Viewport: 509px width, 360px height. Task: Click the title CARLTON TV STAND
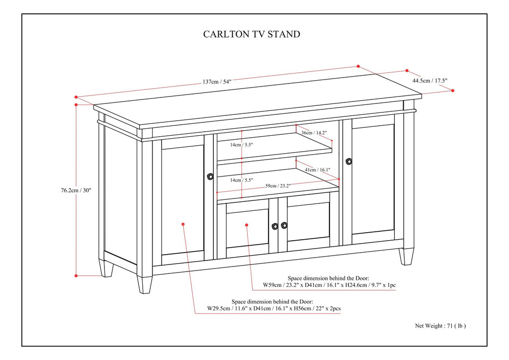252,34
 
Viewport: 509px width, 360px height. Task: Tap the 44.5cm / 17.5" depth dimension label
430,81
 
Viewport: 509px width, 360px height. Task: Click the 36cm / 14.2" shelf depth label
314,133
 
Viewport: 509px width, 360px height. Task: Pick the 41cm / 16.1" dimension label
317,170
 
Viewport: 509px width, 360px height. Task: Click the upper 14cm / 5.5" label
241,145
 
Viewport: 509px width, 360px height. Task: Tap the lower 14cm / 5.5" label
241,180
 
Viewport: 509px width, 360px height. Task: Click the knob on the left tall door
210,176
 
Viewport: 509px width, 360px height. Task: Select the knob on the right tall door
348,161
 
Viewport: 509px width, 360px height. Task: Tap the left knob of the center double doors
275,226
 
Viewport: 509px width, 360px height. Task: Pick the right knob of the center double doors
284,225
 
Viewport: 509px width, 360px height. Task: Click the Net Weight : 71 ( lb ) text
440,326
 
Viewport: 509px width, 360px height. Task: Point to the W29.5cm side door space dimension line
274,309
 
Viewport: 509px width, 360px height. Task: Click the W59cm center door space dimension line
329,285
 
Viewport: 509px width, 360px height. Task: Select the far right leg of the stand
408,256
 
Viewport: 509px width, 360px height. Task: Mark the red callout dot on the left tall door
183,224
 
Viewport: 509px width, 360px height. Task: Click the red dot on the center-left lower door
247,225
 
